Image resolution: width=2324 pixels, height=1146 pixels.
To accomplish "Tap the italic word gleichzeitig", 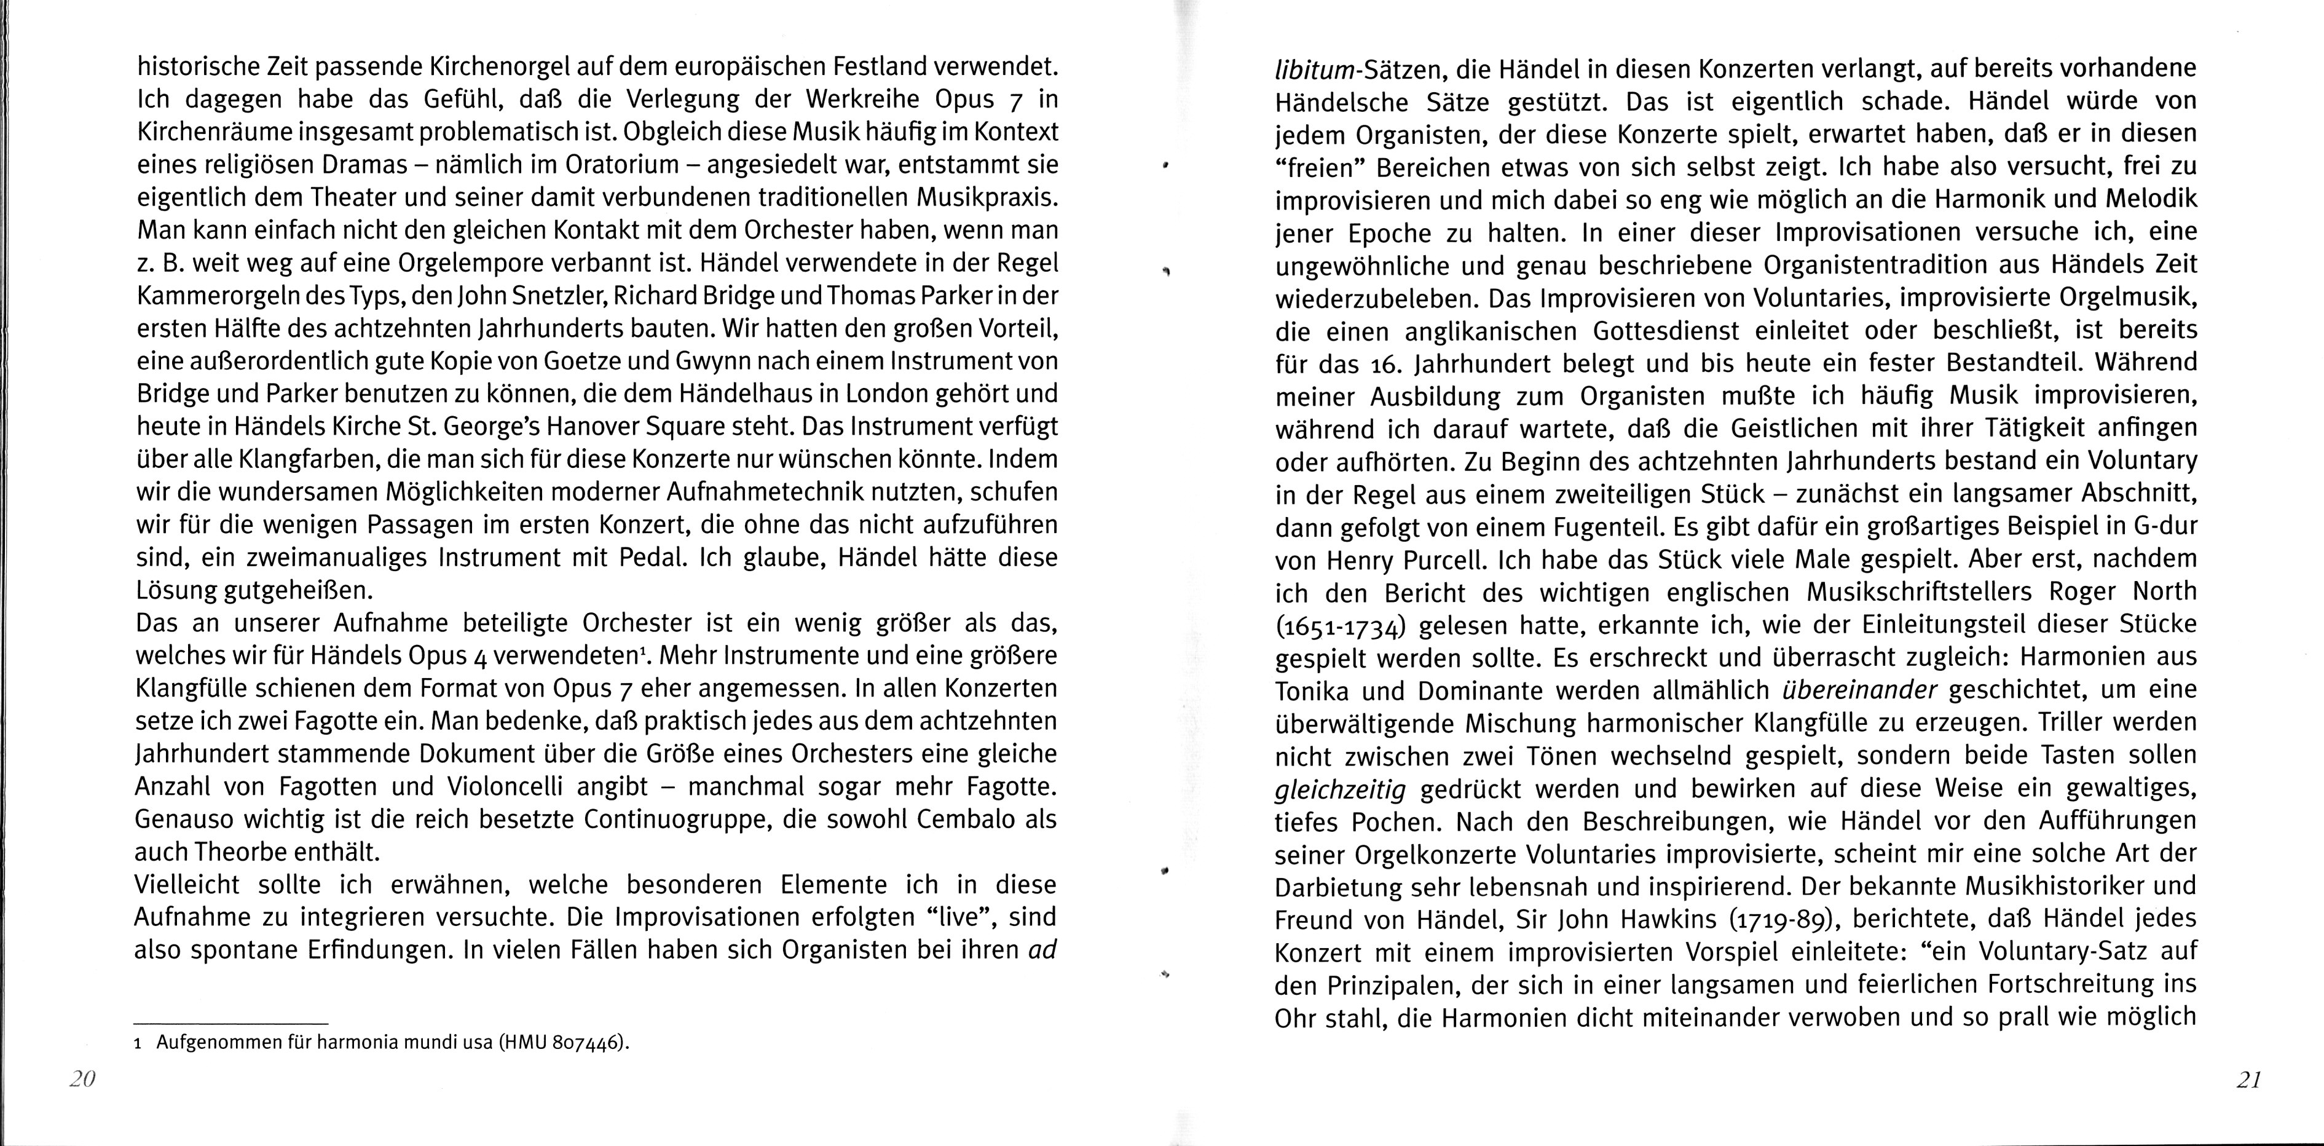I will [1341, 789].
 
